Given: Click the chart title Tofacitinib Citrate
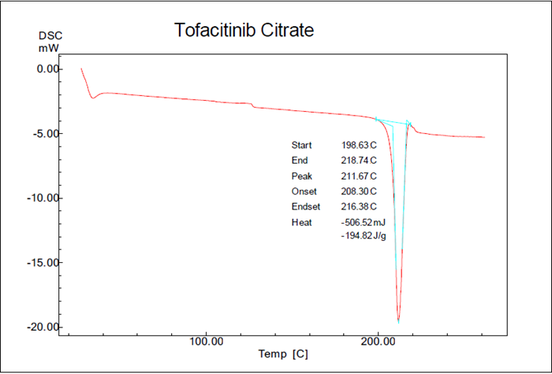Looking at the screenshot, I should (244, 31).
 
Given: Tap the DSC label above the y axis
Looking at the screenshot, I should (50, 35).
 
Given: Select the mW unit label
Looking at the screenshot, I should (49, 48).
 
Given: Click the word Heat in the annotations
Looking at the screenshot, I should (302, 222).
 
